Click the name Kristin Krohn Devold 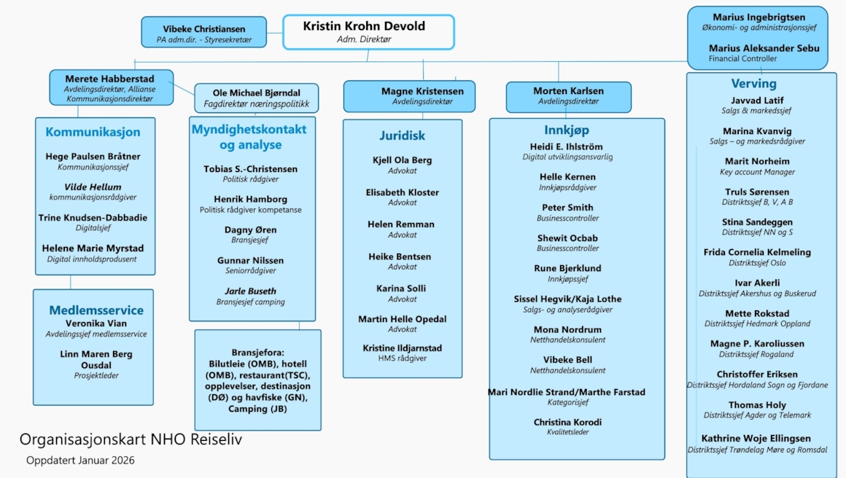coord(364,26)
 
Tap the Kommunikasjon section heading coord(93,132)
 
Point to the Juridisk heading coord(402,136)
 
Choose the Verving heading coord(753,83)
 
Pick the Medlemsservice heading coord(96,310)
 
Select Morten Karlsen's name coord(568,91)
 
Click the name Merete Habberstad coord(109,79)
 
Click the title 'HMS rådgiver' coord(402,358)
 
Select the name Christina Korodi coord(567,422)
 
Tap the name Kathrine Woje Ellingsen coord(756,439)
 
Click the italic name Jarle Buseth coord(250,291)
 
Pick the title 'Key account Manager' coord(757,172)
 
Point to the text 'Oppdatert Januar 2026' coord(80,461)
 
